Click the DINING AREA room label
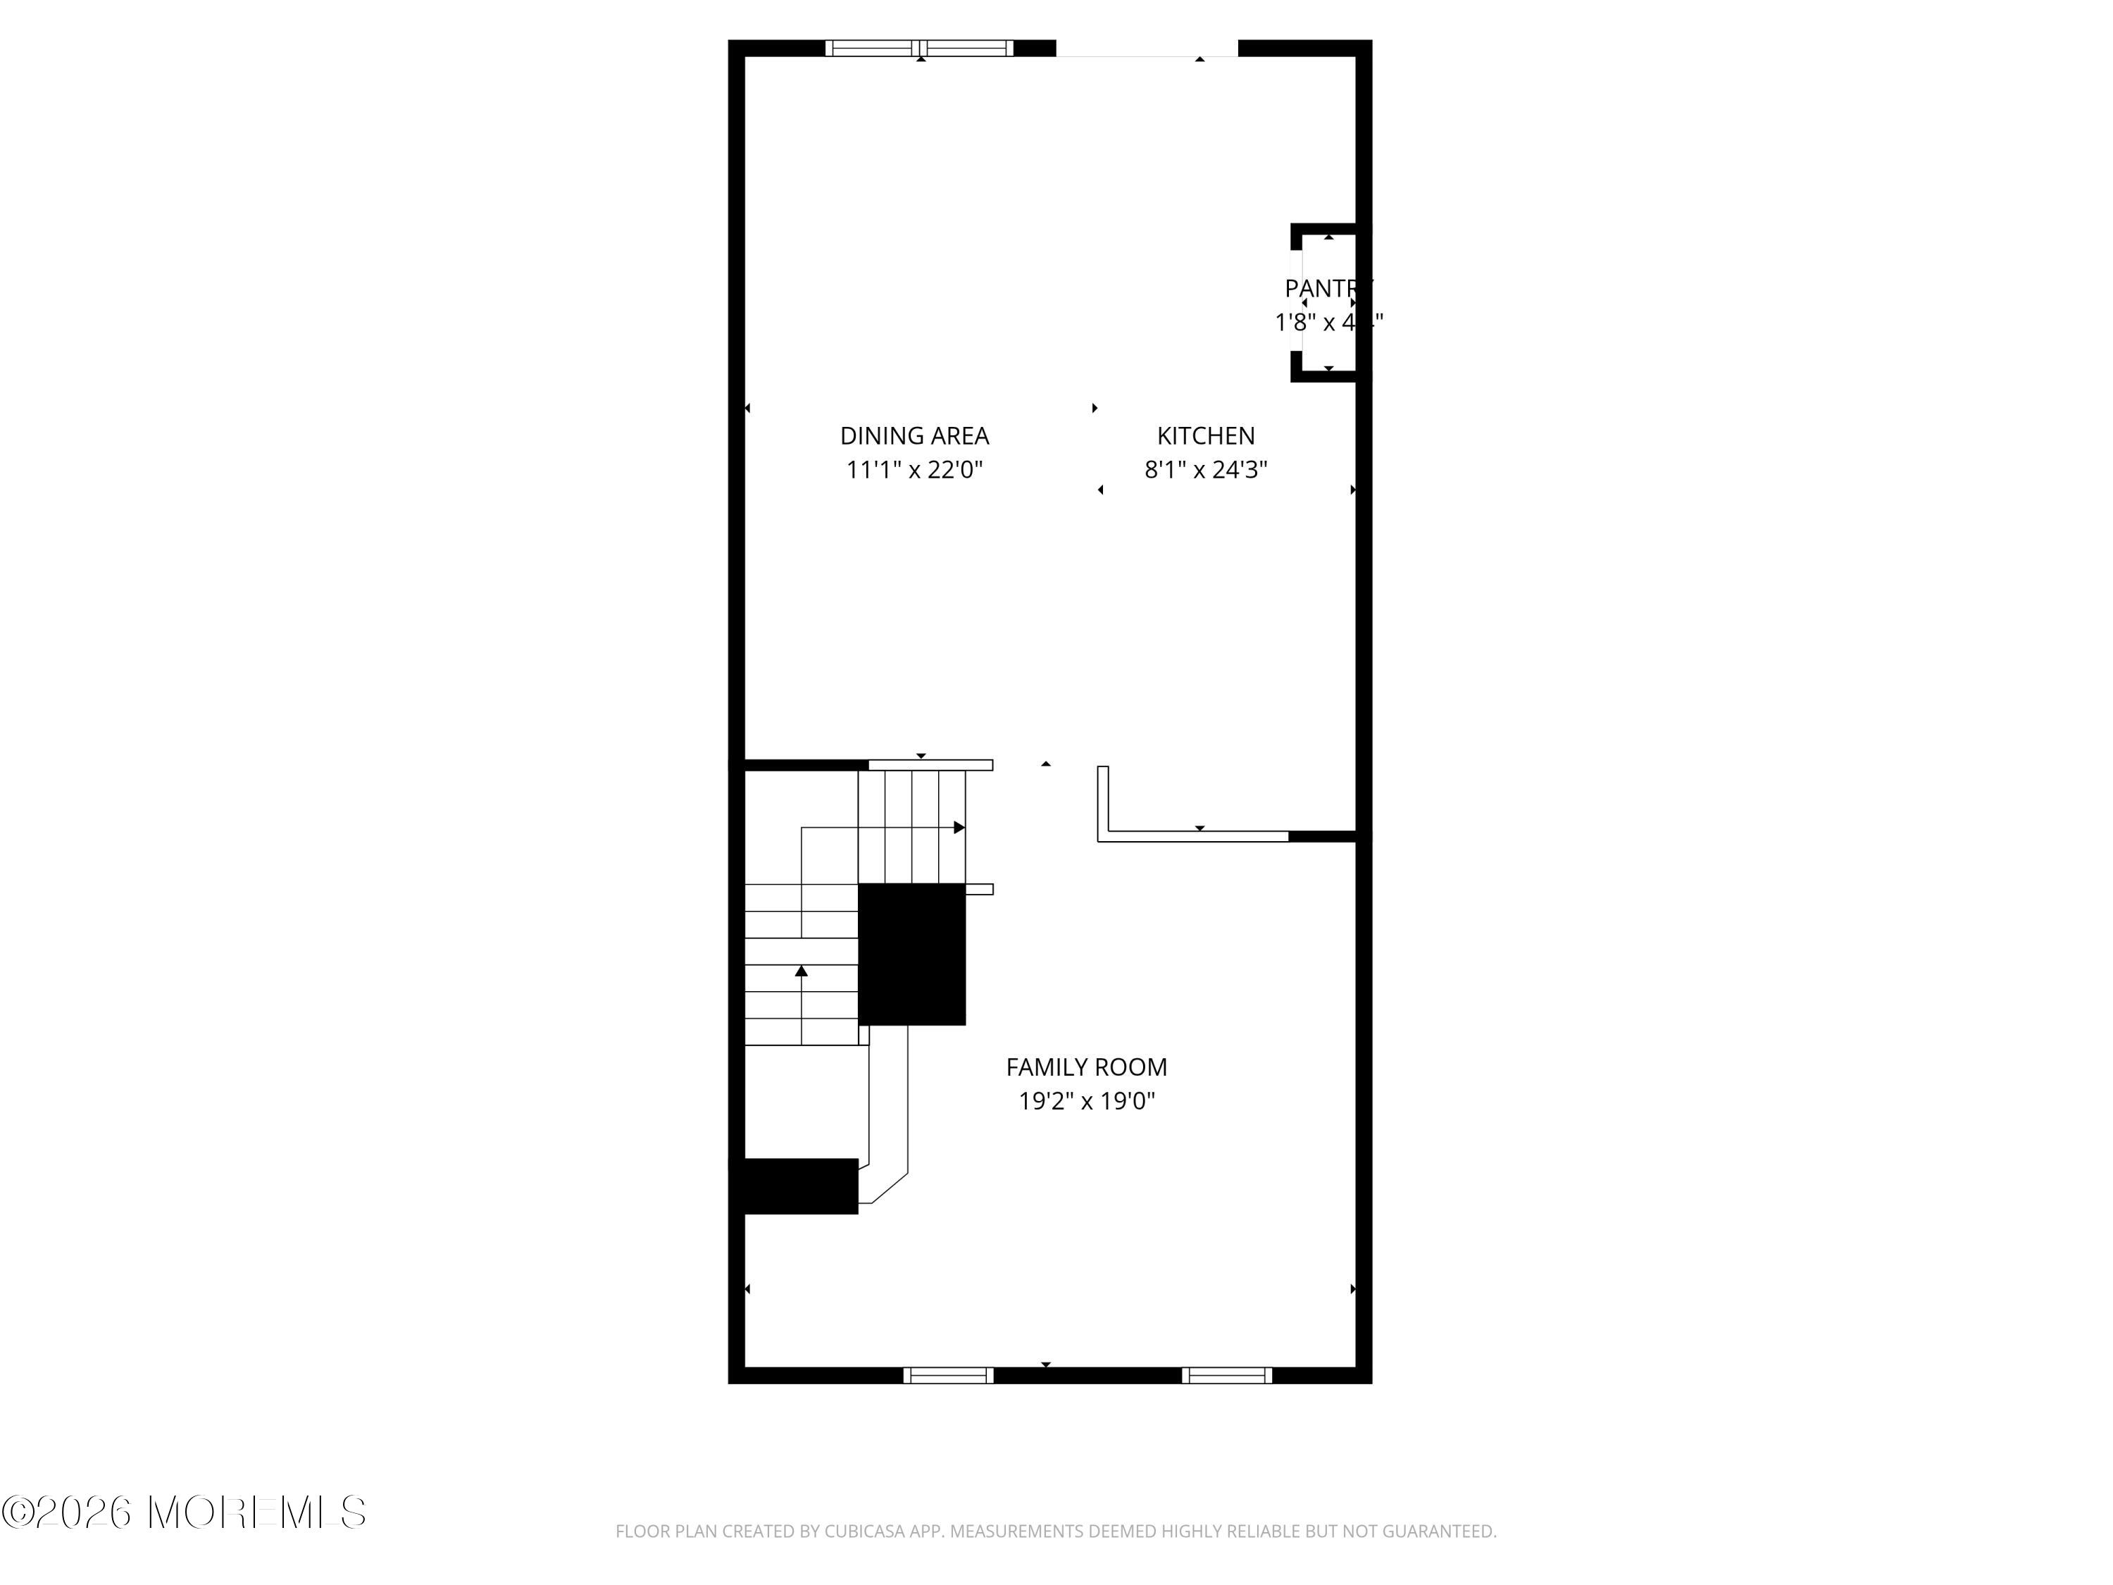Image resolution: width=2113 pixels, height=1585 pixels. click(914, 435)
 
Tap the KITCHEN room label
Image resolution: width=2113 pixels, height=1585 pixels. click(1206, 435)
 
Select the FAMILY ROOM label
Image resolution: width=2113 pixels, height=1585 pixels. click(1086, 1067)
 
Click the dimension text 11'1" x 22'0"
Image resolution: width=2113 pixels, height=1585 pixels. click(914, 470)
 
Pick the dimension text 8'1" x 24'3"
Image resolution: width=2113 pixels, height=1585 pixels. click(1206, 470)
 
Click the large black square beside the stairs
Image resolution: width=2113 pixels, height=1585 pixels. click(911, 955)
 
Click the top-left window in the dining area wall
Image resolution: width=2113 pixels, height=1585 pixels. click(919, 48)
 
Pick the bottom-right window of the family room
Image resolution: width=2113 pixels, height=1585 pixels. click(1226, 1376)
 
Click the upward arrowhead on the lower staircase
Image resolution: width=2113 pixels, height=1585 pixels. click(802, 971)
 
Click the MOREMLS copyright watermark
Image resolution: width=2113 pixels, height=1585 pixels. click(183, 1512)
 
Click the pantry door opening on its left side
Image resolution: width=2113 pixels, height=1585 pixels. click(1296, 301)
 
